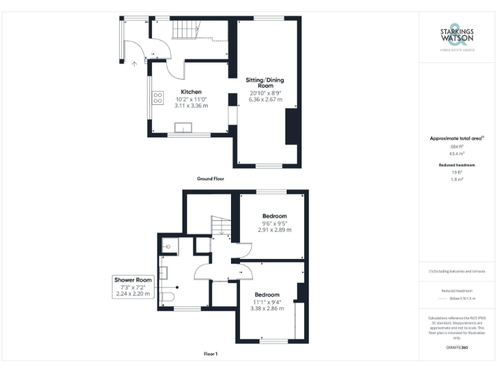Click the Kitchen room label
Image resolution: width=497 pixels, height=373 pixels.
191,92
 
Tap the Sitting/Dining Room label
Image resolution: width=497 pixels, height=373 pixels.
265,83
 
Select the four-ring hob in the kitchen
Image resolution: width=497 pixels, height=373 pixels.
158,98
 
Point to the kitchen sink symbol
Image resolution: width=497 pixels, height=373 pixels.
184,128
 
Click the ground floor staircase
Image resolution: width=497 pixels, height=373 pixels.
185,30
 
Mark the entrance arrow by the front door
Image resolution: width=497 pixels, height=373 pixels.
134,63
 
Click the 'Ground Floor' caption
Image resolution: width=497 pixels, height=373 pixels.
210,178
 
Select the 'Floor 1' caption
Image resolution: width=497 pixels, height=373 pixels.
210,354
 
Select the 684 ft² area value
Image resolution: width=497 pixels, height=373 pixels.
457,147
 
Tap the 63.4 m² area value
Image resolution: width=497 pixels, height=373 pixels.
457,154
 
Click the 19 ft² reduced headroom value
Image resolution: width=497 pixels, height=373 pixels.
457,173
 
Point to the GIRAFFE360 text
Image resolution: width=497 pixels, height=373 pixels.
457,348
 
